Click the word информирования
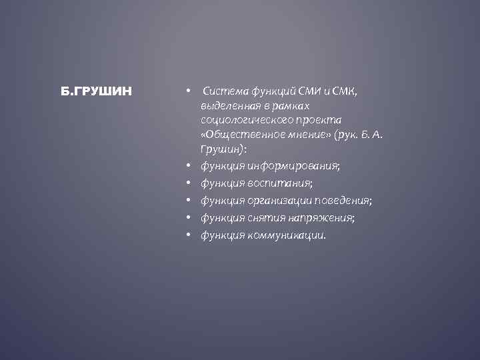pyautogui.click(x=292, y=165)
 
